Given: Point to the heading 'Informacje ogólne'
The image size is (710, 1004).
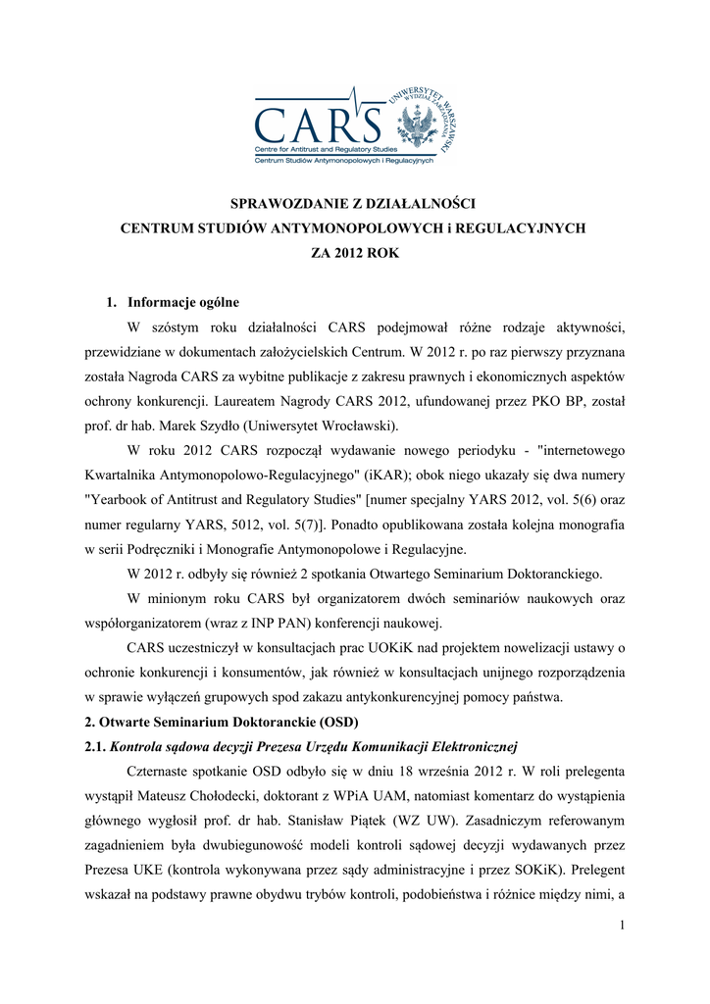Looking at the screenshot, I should [183, 302].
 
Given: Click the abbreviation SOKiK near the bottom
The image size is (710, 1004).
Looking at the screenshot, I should [524, 870].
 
